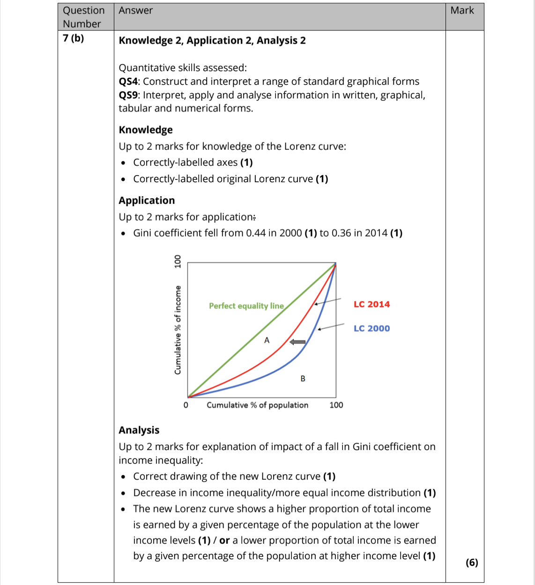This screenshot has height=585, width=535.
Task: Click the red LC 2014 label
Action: click(372, 304)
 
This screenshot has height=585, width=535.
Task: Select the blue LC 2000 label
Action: click(372, 329)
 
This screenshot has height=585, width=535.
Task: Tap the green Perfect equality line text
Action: click(246, 306)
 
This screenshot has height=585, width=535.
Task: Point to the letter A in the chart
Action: click(267, 341)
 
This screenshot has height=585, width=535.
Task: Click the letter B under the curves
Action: click(303, 378)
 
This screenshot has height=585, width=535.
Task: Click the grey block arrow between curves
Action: click(297, 342)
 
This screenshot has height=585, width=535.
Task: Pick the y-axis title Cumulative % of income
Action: click(178, 330)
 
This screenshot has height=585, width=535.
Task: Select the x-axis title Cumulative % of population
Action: click(257, 405)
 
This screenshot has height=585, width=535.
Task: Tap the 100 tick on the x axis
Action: click(336, 405)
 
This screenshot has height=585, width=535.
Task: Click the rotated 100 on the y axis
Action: click(178, 261)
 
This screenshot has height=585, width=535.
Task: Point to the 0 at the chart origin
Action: click(186, 405)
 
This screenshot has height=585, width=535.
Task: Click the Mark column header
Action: click(462, 10)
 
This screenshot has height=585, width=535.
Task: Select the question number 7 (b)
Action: click(74, 38)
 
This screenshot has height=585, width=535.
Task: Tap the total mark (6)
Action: click(472, 563)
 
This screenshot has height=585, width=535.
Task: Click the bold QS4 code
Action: click(128, 81)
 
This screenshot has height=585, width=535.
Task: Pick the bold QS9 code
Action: click(128, 95)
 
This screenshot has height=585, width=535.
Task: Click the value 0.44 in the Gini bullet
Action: click(255, 233)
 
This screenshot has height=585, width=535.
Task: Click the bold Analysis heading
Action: click(139, 430)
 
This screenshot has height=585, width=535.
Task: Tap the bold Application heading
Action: click(147, 200)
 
